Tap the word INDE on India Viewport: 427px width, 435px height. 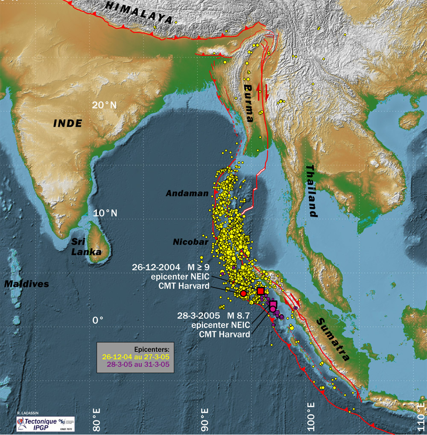(x=67, y=124)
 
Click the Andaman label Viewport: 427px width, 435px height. (x=187, y=193)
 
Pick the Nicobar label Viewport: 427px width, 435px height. (x=190, y=242)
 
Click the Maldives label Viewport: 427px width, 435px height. (x=26, y=284)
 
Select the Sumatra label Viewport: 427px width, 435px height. (x=336, y=339)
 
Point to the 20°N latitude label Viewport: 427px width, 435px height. (x=105, y=105)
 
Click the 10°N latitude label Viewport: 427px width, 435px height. (x=105, y=213)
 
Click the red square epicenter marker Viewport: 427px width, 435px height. (x=260, y=291)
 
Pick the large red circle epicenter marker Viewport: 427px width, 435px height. (x=243, y=293)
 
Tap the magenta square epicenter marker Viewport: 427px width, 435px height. (x=273, y=304)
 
